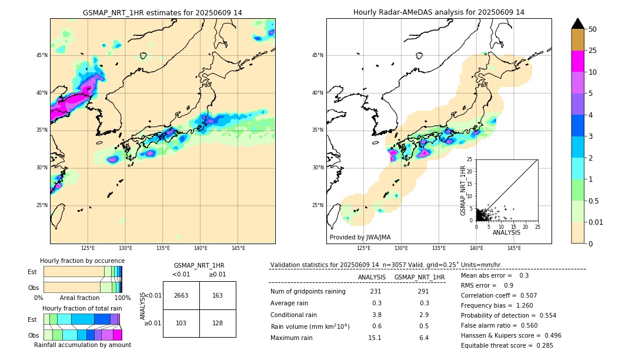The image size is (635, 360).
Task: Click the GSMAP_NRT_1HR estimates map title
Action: pyautogui.click(x=162, y=12)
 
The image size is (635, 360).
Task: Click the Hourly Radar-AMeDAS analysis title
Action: pyautogui.click(x=439, y=12)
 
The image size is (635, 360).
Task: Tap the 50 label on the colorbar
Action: pyautogui.click(x=593, y=29)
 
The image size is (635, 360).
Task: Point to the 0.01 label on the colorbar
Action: pyautogui.click(x=596, y=222)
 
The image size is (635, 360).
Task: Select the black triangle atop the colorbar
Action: pyautogui.click(x=578, y=24)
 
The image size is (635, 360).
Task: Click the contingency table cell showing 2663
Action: pyautogui.click(x=181, y=295)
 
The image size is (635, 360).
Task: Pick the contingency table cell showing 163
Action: pyautogui.click(x=218, y=295)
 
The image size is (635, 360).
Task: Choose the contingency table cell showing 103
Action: pyautogui.click(x=181, y=324)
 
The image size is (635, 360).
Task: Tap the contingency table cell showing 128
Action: pyautogui.click(x=218, y=324)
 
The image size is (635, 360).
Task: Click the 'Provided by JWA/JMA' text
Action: pyautogui.click(x=360, y=237)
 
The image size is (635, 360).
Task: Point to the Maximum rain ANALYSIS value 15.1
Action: pyautogui.click(x=375, y=338)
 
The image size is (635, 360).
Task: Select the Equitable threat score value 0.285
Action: pyautogui.click(x=541, y=345)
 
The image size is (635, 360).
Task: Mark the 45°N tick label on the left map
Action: pyautogui.click(x=42, y=55)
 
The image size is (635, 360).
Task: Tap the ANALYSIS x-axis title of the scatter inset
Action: pyautogui.click(x=506, y=232)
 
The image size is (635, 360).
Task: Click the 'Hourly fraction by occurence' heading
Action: pyautogui.click(x=82, y=261)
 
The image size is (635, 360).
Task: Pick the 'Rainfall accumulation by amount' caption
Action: pyautogui.click(x=82, y=345)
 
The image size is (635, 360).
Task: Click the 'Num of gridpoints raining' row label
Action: pyautogui.click(x=308, y=292)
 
